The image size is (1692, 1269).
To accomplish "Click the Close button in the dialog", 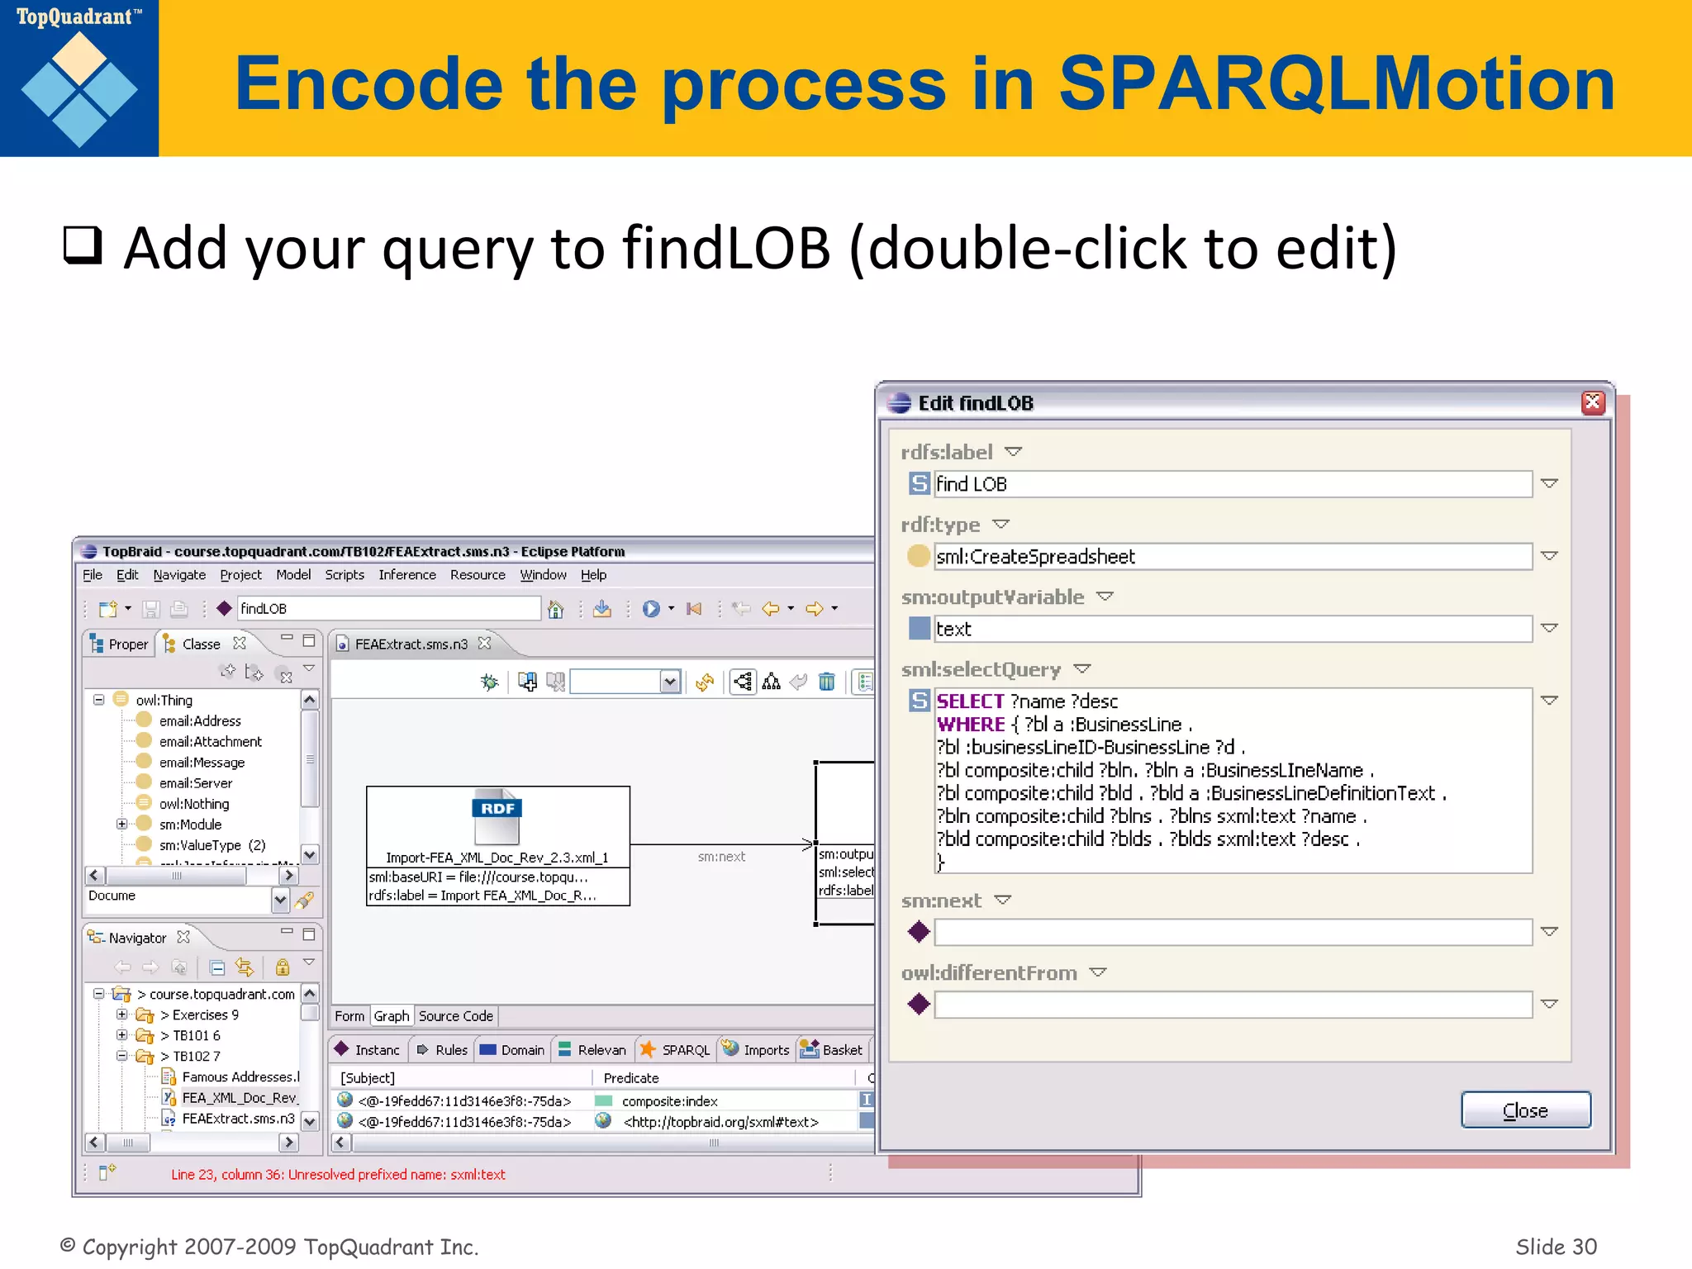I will [x=1525, y=1110].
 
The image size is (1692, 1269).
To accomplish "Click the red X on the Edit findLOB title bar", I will [x=1593, y=402].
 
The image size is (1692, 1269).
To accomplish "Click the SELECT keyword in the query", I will [x=970, y=701].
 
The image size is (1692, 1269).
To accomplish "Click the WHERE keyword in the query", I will [x=970, y=725].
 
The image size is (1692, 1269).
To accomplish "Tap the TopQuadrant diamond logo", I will [x=79, y=89].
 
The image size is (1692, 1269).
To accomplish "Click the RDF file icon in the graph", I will [x=497, y=815].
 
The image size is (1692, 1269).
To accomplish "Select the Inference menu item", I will [x=406, y=575].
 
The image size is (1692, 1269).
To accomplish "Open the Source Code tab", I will [x=455, y=1016].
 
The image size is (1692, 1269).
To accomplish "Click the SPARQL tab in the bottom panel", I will [x=684, y=1050].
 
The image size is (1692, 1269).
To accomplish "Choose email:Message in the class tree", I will [x=202, y=763].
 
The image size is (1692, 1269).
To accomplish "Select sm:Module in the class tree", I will [x=190, y=825].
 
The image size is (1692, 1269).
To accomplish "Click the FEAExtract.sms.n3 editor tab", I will [x=411, y=644].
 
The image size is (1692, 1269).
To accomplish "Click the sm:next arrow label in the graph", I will [x=720, y=857].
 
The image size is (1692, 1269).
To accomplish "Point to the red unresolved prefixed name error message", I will [x=338, y=1174].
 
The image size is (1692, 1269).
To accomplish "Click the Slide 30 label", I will [x=1556, y=1246].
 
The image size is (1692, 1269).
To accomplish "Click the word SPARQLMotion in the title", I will [x=1335, y=84].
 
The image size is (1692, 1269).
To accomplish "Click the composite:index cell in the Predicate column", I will [x=669, y=1101].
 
